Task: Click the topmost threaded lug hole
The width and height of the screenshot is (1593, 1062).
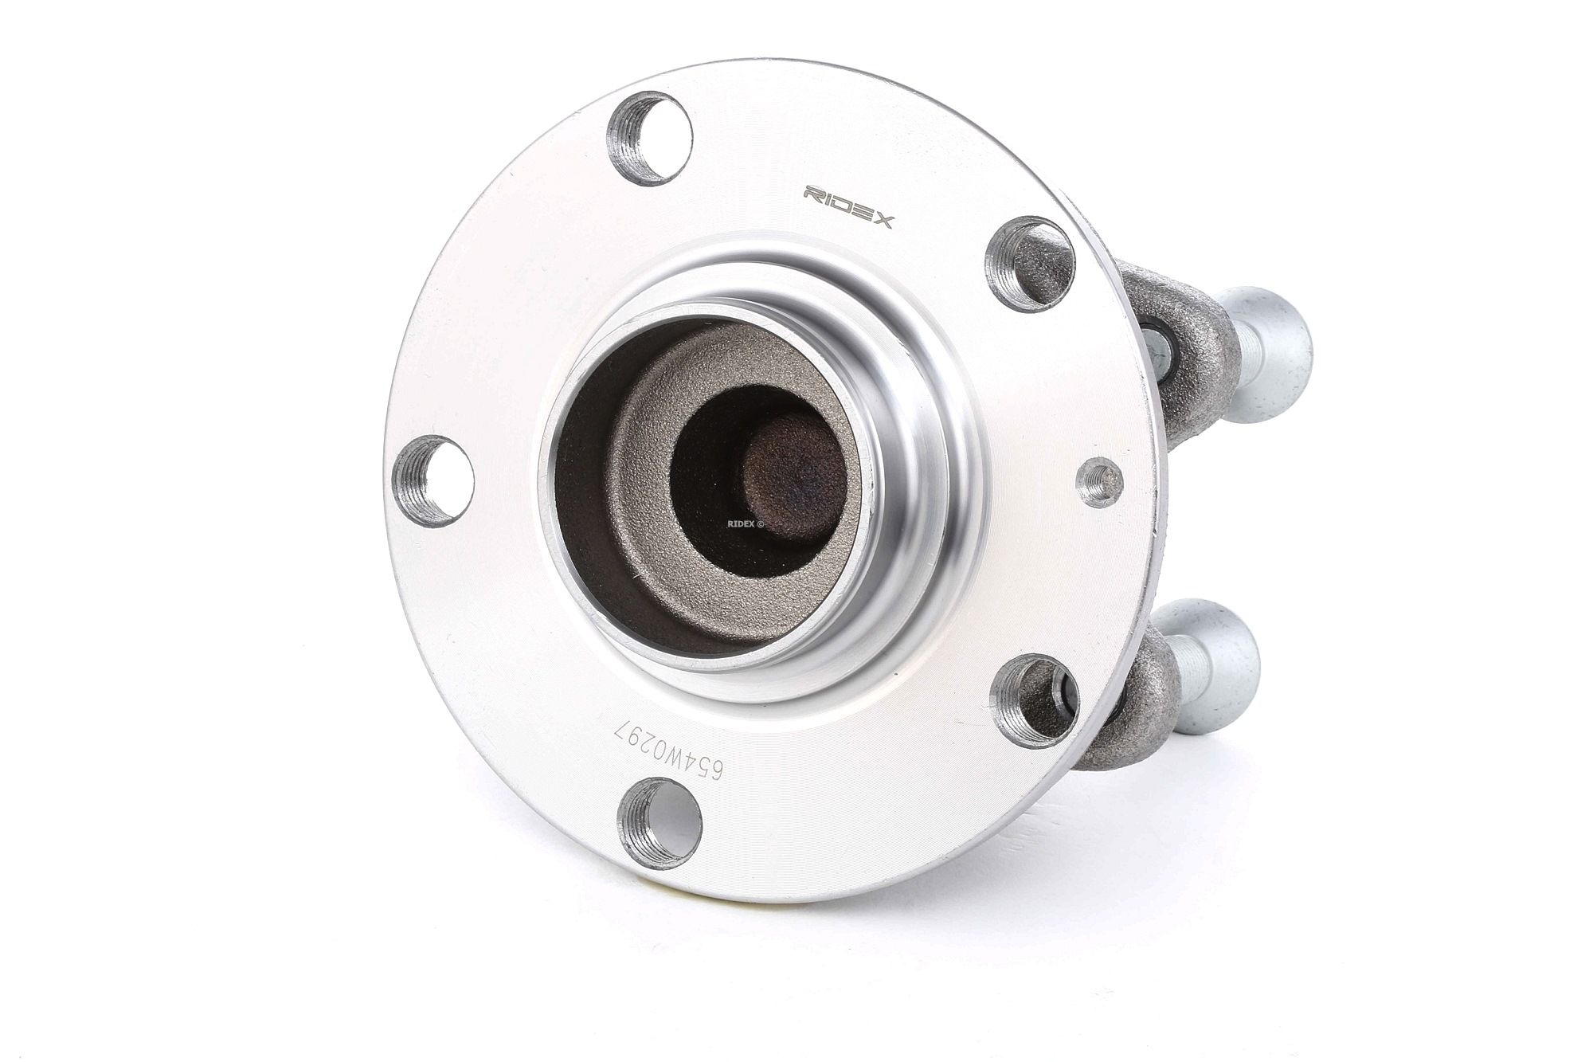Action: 649,138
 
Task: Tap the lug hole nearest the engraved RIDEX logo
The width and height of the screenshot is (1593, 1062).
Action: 1030,263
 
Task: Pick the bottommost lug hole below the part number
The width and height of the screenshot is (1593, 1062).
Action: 660,823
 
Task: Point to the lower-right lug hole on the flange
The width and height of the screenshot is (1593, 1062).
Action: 1035,700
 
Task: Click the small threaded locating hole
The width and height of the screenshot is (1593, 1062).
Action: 1099,481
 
